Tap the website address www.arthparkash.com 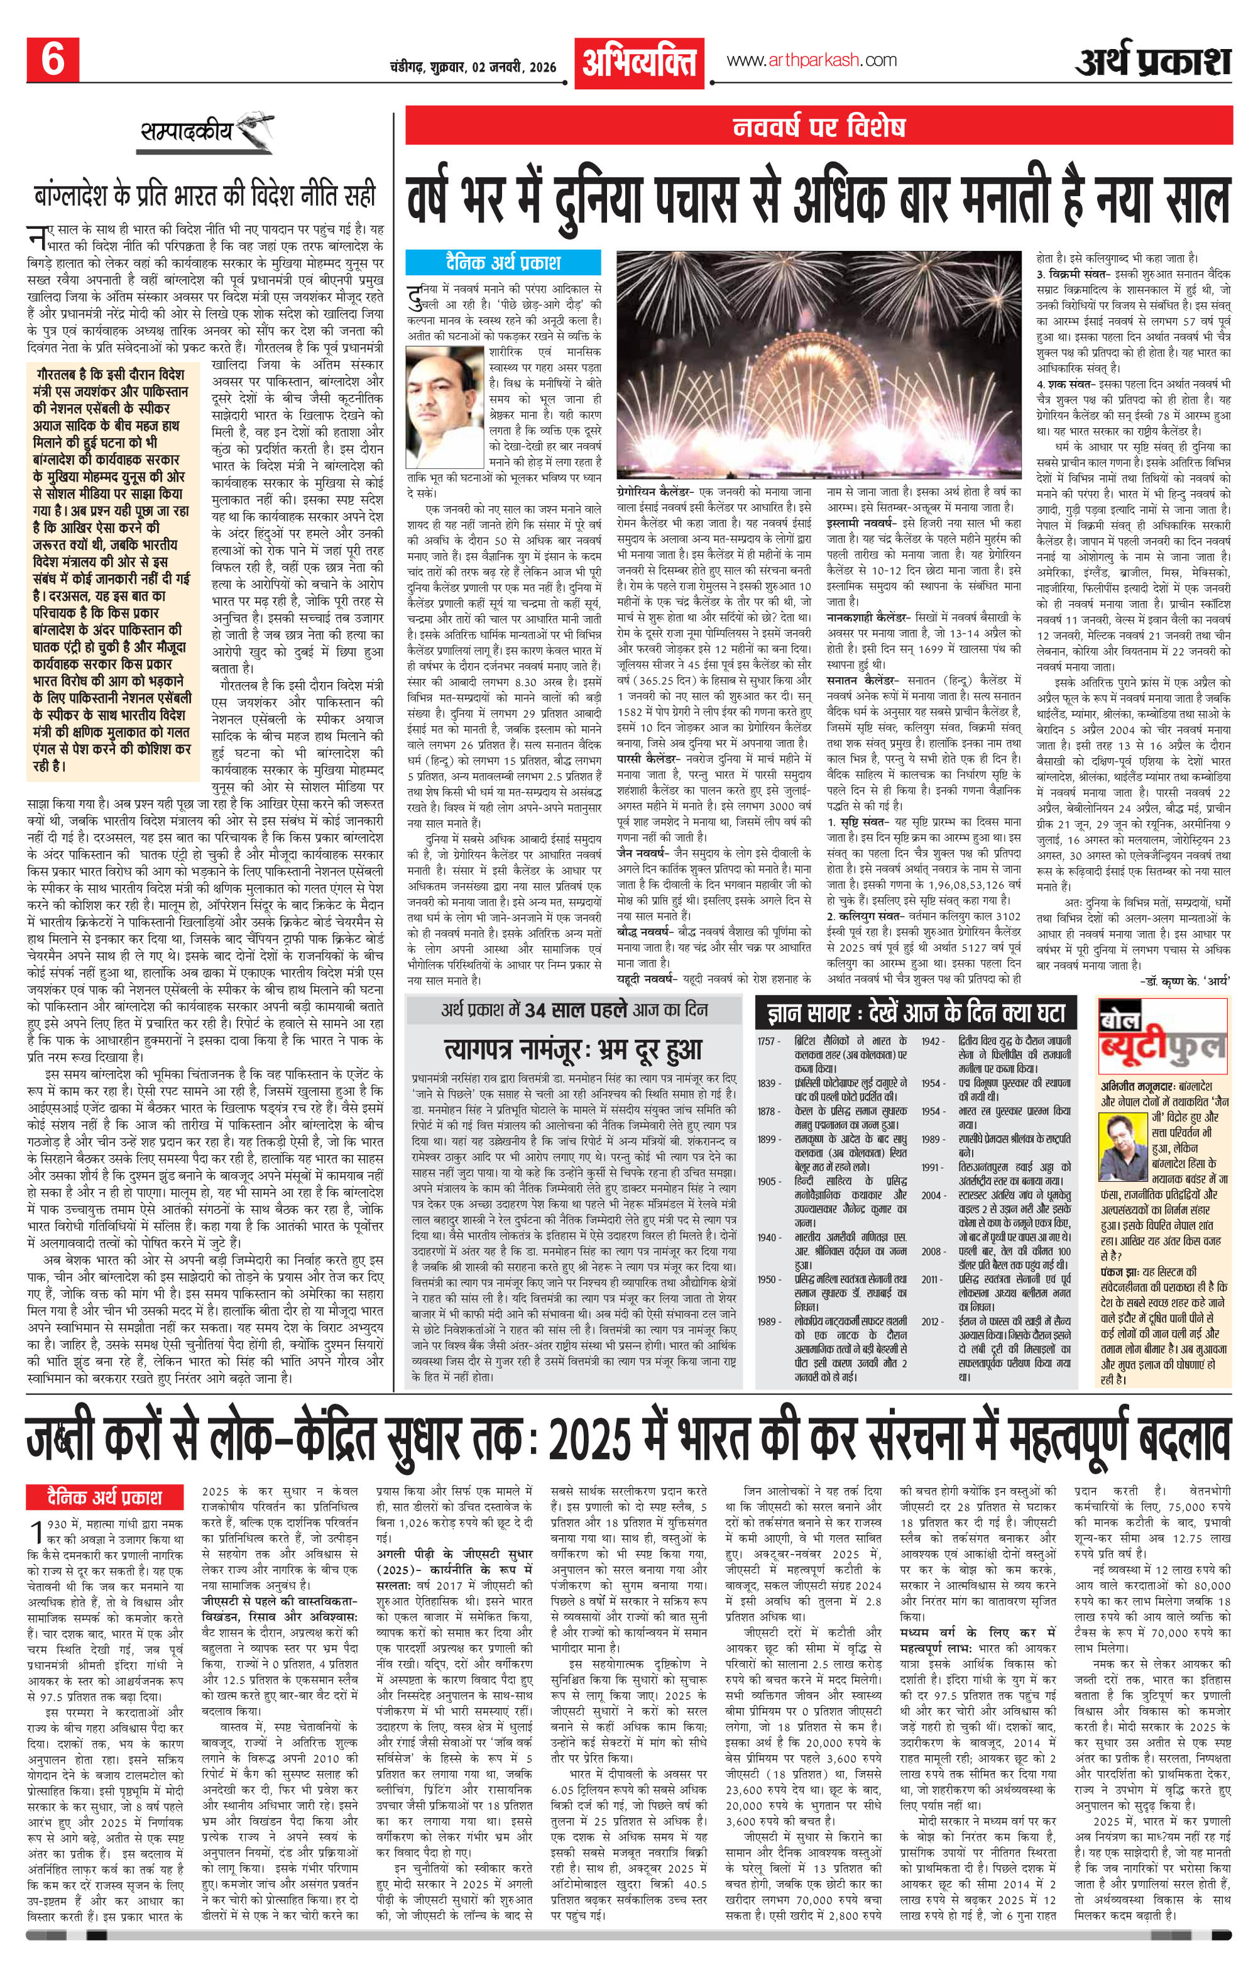tap(811, 60)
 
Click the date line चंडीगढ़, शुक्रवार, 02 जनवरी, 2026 tap(474, 67)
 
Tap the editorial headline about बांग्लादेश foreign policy tap(204, 196)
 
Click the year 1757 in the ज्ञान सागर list tap(769, 1041)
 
